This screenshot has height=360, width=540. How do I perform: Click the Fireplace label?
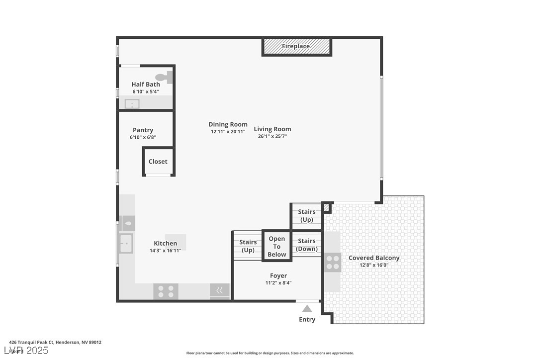point(296,46)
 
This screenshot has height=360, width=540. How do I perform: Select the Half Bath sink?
point(132,103)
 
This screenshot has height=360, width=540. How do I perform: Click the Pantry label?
point(143,130)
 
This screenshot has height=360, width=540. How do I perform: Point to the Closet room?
point(158,162)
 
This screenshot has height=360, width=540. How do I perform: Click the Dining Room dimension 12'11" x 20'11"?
point(228,132)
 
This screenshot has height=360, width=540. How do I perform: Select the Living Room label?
point(272,129)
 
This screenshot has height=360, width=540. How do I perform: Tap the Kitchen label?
point(165,243)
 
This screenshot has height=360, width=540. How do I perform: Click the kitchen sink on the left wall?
point(126,243)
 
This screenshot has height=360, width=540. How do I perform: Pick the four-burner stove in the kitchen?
point(166,291)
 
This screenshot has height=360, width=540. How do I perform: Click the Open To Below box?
point(277,246)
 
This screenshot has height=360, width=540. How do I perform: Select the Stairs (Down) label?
point(307,245)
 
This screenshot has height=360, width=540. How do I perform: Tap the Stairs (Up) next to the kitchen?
point(248,246)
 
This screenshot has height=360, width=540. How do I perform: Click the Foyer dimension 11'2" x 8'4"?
point(278,283)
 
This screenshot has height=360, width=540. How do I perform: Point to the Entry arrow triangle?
point(307,309)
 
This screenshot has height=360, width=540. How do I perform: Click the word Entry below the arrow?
point(307,319)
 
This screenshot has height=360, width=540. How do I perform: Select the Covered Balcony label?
point(374,258)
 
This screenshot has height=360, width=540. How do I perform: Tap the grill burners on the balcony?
point(333,262)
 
